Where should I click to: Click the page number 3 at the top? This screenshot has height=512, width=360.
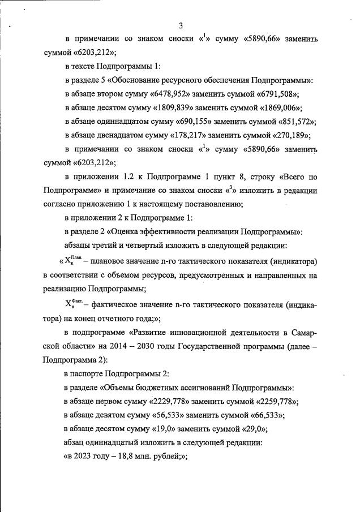pos(181,25)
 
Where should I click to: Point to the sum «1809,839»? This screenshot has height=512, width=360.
pos(173,108)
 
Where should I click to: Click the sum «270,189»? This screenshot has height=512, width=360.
pos(289,135)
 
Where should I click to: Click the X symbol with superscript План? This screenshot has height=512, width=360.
pos(70,261)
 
